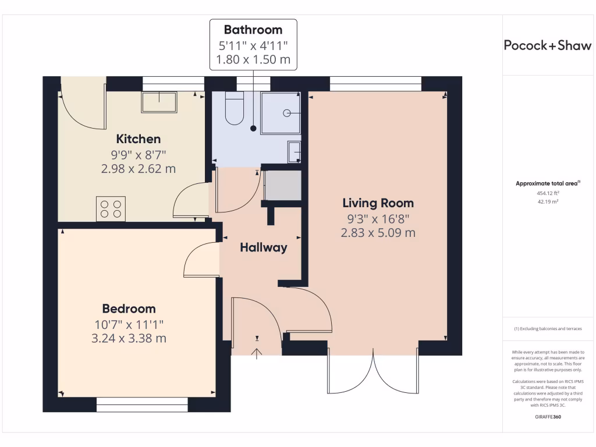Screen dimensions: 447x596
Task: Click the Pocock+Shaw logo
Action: tap(547, 46)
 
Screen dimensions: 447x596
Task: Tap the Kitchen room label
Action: tap(139, 139)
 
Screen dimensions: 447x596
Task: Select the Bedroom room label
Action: tap(129, 308)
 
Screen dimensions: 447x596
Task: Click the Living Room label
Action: tap(378, 203)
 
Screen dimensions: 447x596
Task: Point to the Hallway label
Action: tap(264, 247)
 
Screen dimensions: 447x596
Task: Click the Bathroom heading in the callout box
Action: tap(253, 30)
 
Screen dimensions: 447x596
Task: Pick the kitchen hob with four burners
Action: tap(111, 209)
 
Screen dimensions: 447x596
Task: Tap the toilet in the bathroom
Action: tap(234, 110)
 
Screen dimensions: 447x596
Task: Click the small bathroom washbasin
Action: tap(295, 152)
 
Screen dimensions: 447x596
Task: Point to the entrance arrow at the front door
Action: tap(257, 353)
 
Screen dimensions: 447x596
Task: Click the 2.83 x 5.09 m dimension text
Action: tap(378, 233)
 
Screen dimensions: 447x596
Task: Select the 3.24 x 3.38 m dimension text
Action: tap(129, 338)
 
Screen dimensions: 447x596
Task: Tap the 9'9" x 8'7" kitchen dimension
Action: tap(139, 154)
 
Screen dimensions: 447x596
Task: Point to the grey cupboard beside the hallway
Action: tap(283, 186)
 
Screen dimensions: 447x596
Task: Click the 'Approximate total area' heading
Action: tap(547, 183)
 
